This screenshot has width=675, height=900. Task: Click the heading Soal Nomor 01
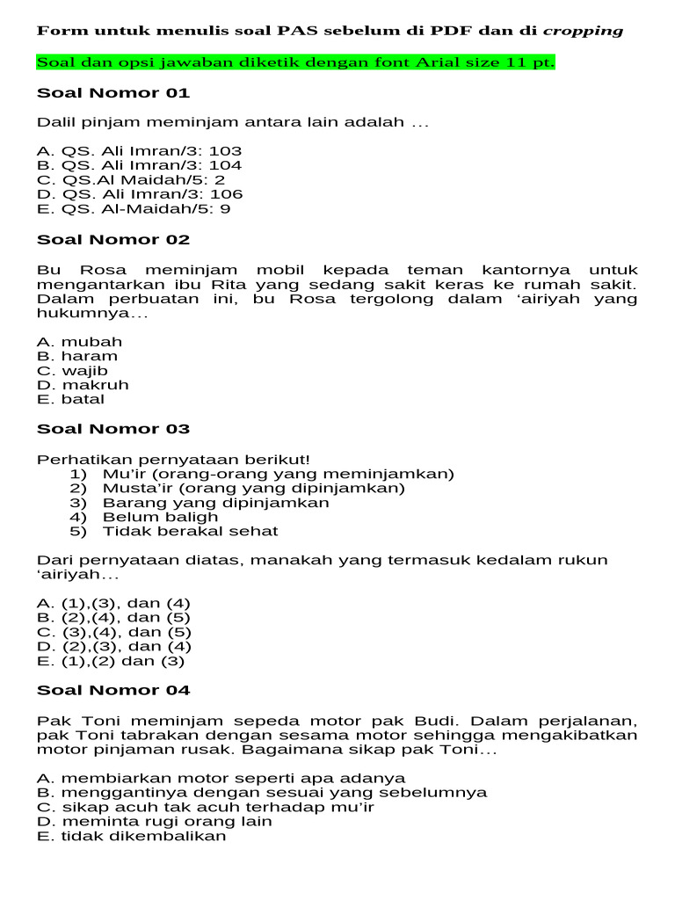point(113,93)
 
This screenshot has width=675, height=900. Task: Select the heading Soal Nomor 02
point(113,240)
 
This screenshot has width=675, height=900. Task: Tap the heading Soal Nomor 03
point(113,429)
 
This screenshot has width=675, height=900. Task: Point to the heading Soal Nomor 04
point(113,690)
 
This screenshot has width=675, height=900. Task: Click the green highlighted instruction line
point(295,63)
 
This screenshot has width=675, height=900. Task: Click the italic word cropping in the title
point(583,31)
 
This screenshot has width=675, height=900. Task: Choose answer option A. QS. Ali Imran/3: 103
point(140,151)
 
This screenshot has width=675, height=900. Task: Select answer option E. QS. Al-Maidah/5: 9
point(134,209)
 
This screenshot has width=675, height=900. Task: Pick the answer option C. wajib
point(73,371)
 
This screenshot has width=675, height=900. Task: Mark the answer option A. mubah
point(80,342)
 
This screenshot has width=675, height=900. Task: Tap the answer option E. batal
point(70,399)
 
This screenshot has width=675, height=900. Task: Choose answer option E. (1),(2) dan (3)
point(111,661)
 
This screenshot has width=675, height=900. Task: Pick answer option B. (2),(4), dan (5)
point(113,618)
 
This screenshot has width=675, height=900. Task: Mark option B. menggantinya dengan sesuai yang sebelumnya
point(262,793)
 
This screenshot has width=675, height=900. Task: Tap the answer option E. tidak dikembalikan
point(132,836)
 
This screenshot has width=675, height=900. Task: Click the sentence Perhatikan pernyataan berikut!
point(173,460)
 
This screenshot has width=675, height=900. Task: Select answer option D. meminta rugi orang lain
point(155,822)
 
